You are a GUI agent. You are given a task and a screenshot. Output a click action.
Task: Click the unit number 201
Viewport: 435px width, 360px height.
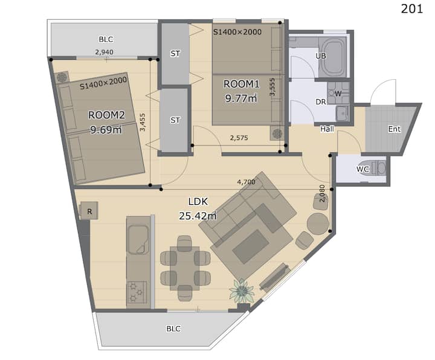tap(411, 8)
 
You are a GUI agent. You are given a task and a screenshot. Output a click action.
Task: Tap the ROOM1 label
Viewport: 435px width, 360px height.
tap(241, 84)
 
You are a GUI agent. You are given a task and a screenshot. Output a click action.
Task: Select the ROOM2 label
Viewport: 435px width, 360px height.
tap(106, 115)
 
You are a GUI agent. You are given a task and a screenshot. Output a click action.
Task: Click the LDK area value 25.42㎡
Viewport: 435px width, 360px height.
tap(198, 216)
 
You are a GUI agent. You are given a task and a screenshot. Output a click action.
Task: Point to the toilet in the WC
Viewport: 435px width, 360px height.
tap(374, 167)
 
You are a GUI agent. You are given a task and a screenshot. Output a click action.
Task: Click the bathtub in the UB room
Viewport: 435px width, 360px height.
tap(332, 57)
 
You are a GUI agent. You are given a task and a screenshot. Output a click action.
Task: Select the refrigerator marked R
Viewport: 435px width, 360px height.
tap(89, 211)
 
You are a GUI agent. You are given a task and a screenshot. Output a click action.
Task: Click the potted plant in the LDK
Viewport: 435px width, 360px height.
tap(242, 291)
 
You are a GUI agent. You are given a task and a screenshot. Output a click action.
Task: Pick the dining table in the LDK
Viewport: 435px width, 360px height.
tap(185, 268)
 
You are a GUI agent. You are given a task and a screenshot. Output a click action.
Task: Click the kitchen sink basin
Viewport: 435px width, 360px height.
tap(138, 239)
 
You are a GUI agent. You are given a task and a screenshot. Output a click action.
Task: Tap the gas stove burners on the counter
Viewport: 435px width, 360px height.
tap(137, 292)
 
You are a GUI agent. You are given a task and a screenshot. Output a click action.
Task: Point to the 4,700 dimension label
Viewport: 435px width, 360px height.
tap(246, 182)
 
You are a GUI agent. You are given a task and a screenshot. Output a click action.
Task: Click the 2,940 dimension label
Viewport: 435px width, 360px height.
tap(104, 52)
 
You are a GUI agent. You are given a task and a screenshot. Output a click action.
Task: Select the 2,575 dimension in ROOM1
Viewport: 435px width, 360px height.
tap(239, 138)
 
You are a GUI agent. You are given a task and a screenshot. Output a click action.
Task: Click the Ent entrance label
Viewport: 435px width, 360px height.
tap(394, 129)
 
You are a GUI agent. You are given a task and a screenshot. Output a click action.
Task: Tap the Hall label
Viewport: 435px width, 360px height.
tap(327, 129)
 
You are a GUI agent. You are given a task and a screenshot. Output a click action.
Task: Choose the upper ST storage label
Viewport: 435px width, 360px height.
tap(175, 54)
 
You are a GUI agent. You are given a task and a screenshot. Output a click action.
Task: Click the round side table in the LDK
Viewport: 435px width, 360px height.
tap(318, 224)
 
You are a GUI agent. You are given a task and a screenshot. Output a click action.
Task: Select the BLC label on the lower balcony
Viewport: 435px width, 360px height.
tap(173, 329)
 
